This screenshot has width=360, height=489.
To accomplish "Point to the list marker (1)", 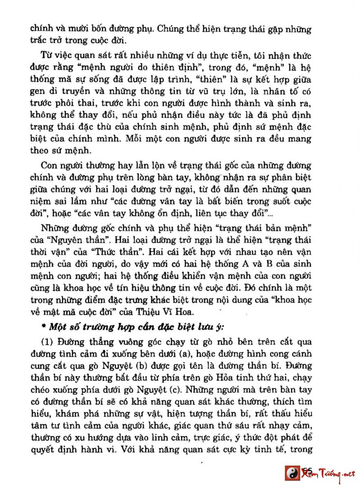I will point(47,339).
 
